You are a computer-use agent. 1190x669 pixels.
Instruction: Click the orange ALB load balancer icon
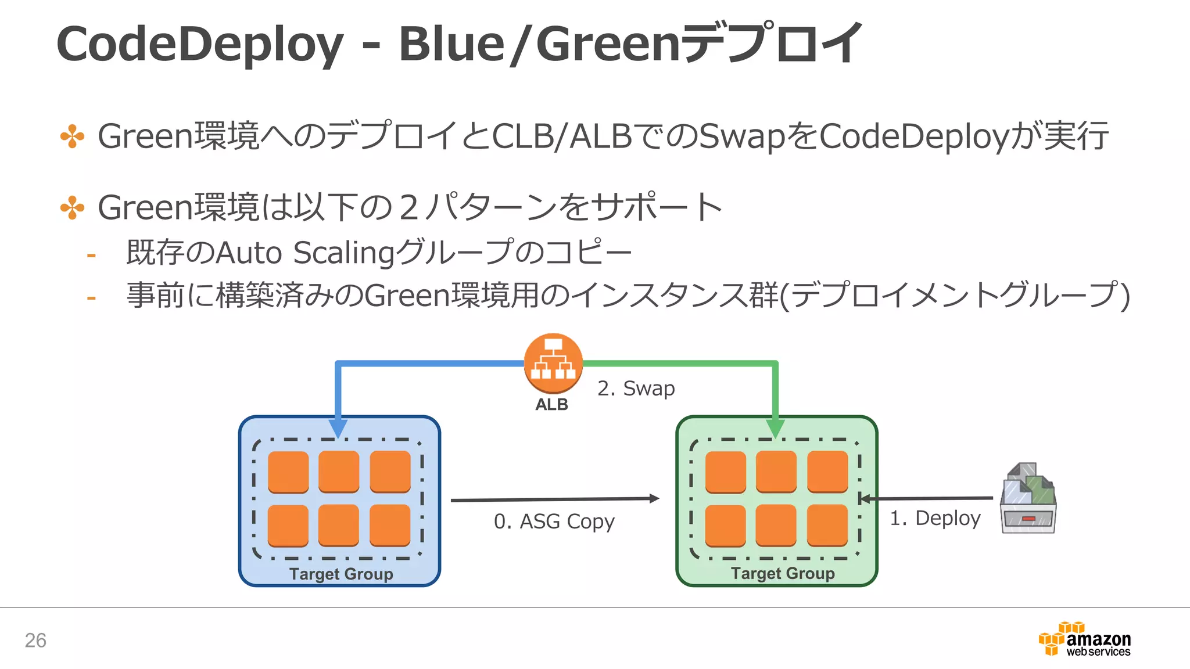(553, 364)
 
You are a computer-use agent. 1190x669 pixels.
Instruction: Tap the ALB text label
(551, 404)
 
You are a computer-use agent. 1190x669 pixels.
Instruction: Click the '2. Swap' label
(636, 388)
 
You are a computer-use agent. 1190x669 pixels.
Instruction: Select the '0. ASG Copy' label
(554, 521)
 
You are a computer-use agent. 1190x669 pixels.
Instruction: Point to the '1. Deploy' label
(935, 517)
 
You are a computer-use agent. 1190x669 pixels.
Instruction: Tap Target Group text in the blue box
(341, 574)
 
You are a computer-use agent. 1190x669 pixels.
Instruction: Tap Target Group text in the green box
(782, 573)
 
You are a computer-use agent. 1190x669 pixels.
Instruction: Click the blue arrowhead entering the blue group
(338, 429)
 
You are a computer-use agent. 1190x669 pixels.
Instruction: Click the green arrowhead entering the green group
(775, 429)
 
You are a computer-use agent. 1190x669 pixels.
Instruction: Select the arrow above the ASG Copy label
(554, 499)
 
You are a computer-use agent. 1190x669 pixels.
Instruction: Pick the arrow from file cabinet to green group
(926, 498)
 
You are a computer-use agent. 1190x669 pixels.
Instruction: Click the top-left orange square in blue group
(288, 472)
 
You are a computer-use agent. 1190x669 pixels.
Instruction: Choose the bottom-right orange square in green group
(827, 525)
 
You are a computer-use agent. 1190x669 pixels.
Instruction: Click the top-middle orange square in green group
(776, 472)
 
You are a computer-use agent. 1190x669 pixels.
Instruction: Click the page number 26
(35, 640)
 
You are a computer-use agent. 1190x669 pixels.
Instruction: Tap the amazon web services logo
(1084, 640)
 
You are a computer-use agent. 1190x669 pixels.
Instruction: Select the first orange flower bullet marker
(72, 136)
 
